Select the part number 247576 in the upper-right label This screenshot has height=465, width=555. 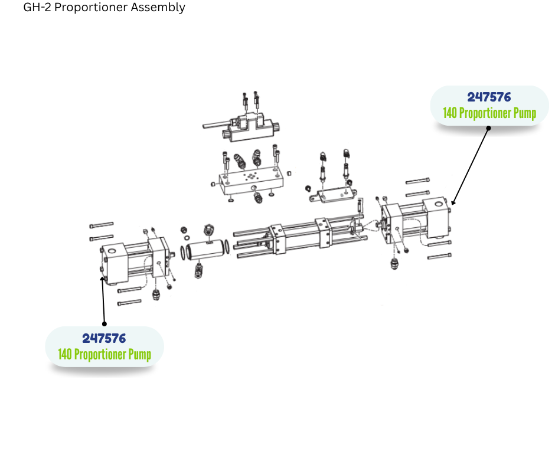tap(489, 97)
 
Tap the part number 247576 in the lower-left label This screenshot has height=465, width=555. tap(104, 338)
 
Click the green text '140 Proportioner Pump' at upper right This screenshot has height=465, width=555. tap(489, 113)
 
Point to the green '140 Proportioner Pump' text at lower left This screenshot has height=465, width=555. tap(105, 354)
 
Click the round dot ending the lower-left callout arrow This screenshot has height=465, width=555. tap(105, 323)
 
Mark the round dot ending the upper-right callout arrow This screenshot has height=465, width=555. tap(488, 127)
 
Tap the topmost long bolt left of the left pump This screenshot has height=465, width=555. tap(101, 225)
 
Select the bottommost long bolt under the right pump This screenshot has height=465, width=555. tap(439, 256)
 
